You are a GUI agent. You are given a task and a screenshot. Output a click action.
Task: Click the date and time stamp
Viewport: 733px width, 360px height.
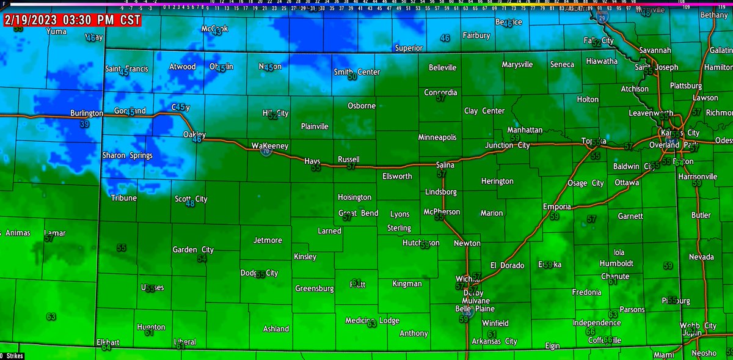tap(71, 20)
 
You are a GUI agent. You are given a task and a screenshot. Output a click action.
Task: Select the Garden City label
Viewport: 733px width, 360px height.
tap(192, 249)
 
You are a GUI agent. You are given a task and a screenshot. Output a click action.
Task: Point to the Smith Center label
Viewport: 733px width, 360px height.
tap(357, 72)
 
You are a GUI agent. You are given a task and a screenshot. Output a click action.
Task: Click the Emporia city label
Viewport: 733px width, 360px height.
tap(557, 207)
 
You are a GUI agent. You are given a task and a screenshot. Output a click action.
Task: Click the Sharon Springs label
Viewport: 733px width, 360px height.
tap(127, 156)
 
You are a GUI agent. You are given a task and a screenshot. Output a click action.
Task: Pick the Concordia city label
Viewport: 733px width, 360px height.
tap(441, 92)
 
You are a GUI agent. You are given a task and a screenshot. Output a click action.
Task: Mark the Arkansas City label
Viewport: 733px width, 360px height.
tap(494, 341)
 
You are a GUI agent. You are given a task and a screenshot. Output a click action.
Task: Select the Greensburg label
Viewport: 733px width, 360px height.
tap(314, 288)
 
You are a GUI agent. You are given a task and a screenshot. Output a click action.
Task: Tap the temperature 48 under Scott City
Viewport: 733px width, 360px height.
tap(190, 203)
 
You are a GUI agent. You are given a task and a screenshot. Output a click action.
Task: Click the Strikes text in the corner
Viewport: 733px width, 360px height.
tap(12, 355)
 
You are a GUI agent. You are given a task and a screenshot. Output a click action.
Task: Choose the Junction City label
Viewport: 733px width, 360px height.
tap(507, 145)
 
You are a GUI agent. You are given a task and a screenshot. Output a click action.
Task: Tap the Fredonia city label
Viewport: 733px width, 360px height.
tap(586, 292)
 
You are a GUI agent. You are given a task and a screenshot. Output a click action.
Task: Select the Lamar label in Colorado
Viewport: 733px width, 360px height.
tap(54, 233)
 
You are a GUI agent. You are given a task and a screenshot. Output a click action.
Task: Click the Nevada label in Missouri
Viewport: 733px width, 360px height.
tap(701, 257)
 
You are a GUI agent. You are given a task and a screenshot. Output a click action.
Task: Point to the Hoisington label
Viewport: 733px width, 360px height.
tap(354, 197)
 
